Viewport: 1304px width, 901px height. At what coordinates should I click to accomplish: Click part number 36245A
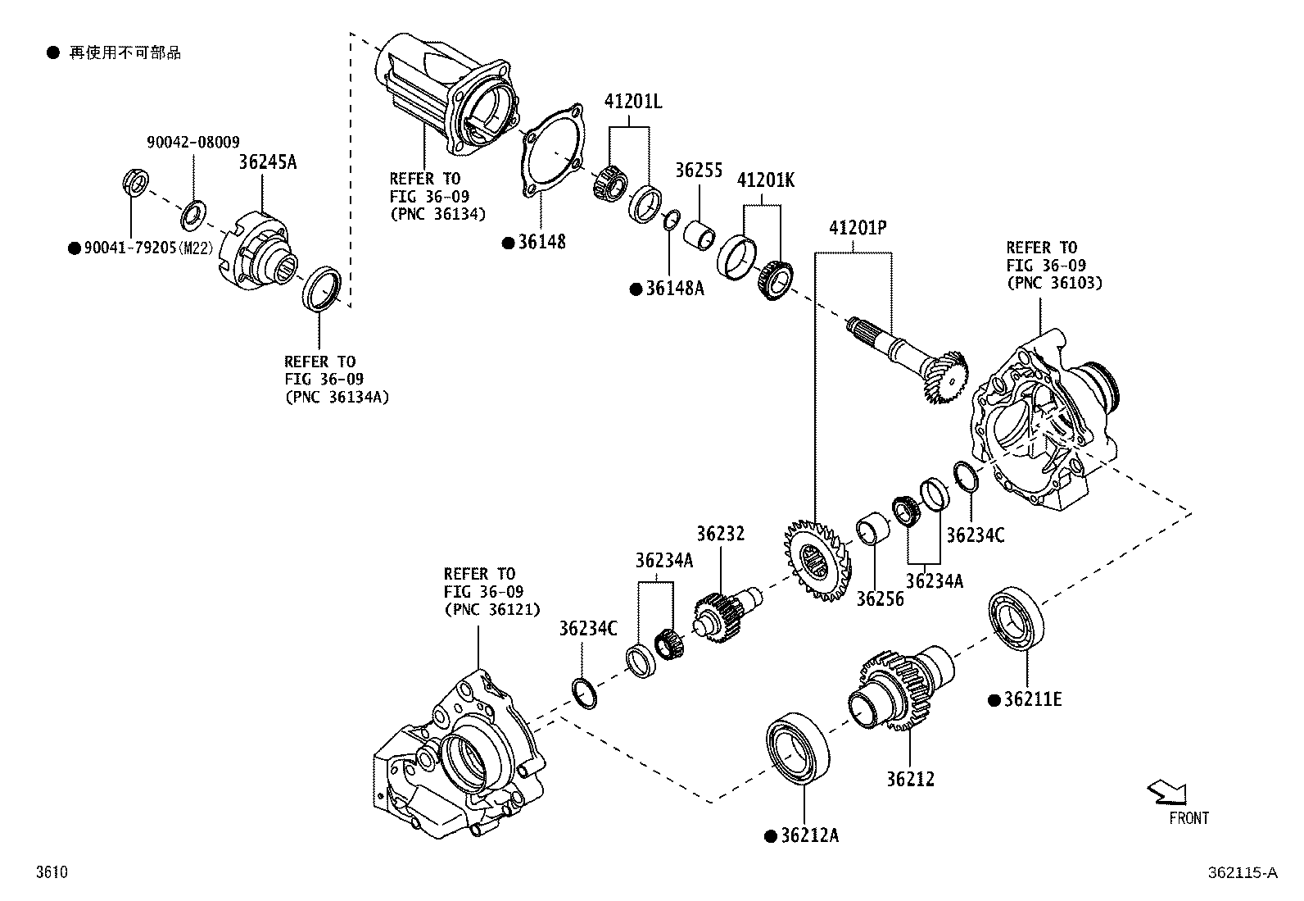point(268,162)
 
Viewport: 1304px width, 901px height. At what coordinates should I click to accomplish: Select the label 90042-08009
point(193,143)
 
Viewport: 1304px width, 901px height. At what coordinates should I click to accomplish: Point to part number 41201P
point(858,228)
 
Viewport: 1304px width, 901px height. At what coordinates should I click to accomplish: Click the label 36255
point(699,171)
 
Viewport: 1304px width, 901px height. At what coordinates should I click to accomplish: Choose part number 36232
point(721,534)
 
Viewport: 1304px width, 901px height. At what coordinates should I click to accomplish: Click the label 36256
point(880,598)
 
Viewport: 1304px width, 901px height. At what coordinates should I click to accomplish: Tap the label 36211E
point(1032,699)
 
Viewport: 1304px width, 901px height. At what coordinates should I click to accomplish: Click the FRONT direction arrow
point(1167,793)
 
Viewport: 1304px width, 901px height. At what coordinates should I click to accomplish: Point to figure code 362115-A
point(1242,873)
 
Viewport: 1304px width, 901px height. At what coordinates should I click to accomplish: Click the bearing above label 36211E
point(1018,620)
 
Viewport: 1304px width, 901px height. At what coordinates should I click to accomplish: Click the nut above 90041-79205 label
point(136,181)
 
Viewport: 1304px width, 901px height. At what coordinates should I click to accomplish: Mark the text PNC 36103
point(1055,283)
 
